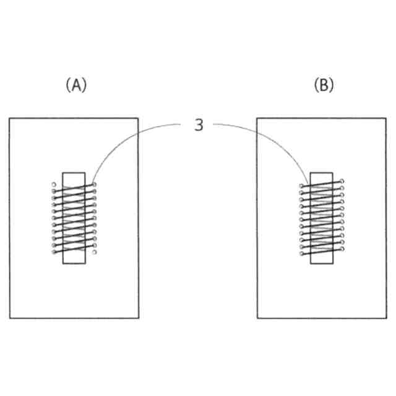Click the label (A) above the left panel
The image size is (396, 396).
click(x=76, y=85)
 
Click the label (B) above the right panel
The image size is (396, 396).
click(x=324, y=85)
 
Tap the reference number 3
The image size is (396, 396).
click(x=199, y=125)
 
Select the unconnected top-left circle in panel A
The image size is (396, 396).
click(x=54, y=184)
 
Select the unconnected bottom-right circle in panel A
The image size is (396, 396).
click(x=95, y=252)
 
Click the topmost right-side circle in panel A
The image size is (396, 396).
click(x=95, y=184)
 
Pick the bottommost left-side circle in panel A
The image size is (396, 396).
click(x=54, y=252)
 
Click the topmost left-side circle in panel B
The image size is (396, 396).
click(x=301, y=185)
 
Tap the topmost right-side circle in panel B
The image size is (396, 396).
click(x=342, y=181)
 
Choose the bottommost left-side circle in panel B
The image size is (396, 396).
click(x=301, y=254)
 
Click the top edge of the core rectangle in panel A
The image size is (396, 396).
click(x=74, y=173)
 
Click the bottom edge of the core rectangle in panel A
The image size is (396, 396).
click(x=74, y=264)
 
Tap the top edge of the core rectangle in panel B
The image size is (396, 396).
click(x=322, y=173)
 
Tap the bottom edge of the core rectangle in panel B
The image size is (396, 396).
click(x=322, y=264)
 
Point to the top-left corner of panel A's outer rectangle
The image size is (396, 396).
click(x=9, y=118)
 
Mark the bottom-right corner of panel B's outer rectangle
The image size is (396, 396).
click(x=386, y=318)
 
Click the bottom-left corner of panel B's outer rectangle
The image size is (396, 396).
click(x=257, y=318)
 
